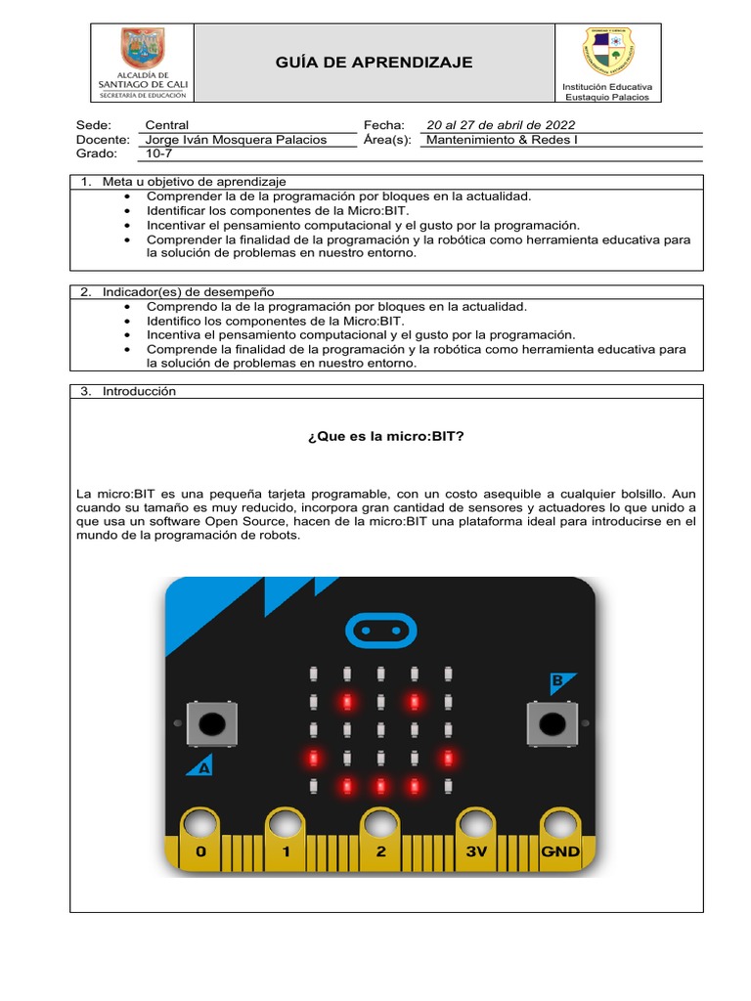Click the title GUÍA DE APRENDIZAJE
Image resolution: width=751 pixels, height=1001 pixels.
coord(374,63)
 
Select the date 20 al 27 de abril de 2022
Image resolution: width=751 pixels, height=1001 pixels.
coord(501,125)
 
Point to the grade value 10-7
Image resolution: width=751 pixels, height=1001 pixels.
coord(158,153)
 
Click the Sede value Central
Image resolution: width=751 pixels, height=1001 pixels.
coord(166,125)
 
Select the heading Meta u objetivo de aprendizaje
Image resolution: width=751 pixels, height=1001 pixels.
coord(195,182)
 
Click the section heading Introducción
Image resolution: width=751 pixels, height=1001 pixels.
coord(139,391)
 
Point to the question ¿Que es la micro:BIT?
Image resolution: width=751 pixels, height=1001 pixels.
coord(385,436)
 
